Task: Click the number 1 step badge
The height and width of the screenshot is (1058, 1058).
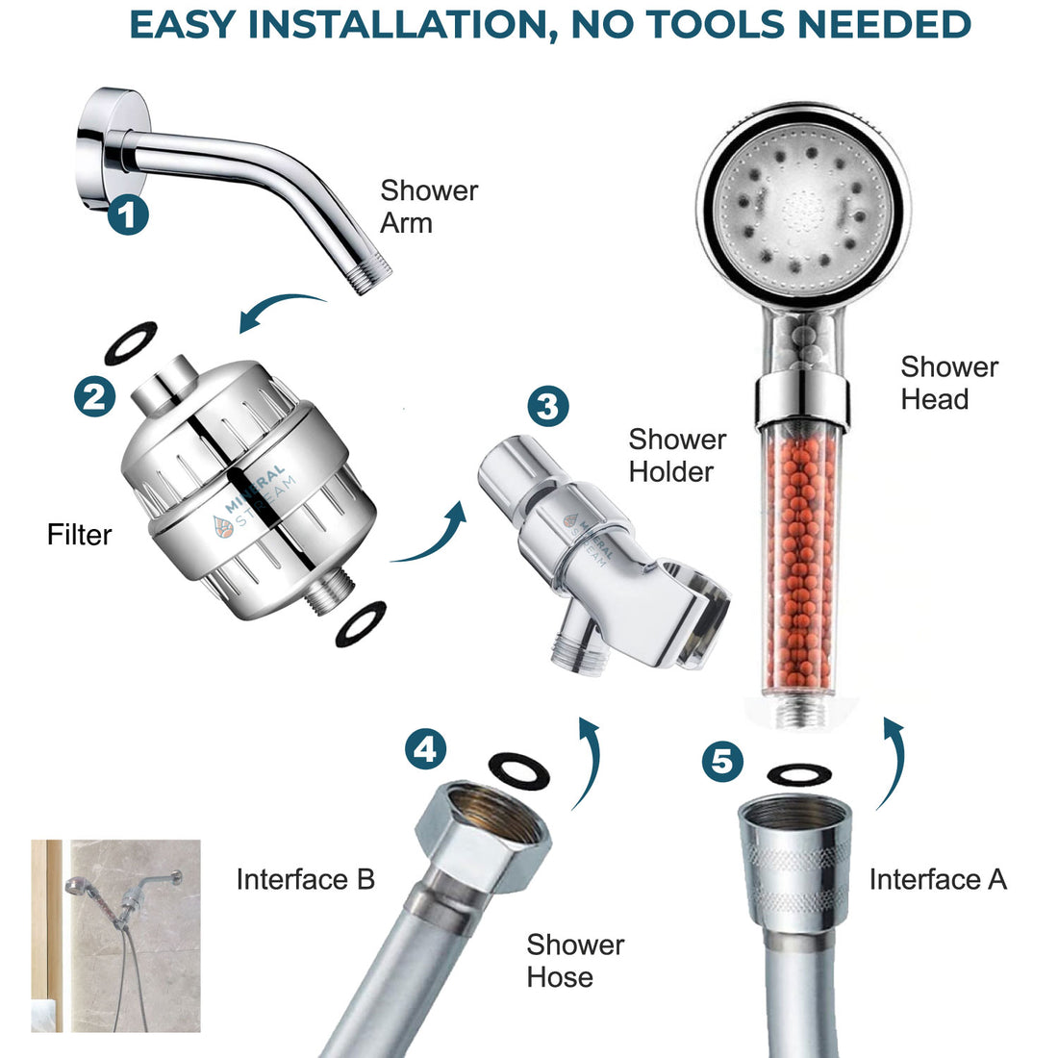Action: [x=128, y=214]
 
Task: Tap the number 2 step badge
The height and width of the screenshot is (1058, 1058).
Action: [x=94, y=395]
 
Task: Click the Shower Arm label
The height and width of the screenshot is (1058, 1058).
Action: [x=429, y=206]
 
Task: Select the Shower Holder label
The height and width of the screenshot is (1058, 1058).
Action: [x=677, y=455]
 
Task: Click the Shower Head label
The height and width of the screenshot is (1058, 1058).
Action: [x=948, y=382]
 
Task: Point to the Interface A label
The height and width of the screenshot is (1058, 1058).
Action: [x=937, y=879]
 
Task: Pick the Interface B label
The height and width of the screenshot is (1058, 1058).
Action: [x=305, y=879]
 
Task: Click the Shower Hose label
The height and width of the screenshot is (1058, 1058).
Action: [x=574, y=960]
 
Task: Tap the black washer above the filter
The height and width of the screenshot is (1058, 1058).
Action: [x=130, y=343]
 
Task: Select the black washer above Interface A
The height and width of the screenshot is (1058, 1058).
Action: [x=798, y=774]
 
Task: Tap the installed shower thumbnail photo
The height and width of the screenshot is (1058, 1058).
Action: [x=115, y=935]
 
